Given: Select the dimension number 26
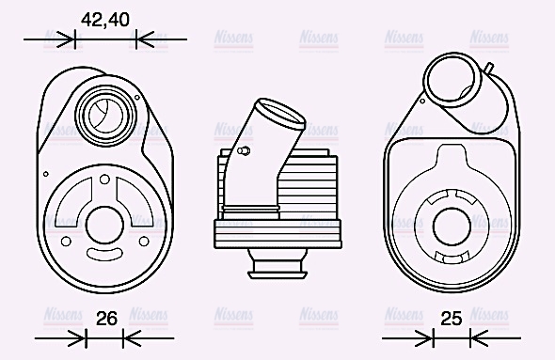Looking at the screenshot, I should click(x=106, y=319).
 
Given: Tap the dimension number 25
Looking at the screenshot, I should click(x=452, y=319).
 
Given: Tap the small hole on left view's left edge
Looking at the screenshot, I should click(x=46, y=172).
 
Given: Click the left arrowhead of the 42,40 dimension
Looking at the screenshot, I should click(x=69, y=39).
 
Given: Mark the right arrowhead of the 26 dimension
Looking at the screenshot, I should click(x=130, y=337).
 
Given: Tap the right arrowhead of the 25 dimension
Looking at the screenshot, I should click(x=475, y=337).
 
